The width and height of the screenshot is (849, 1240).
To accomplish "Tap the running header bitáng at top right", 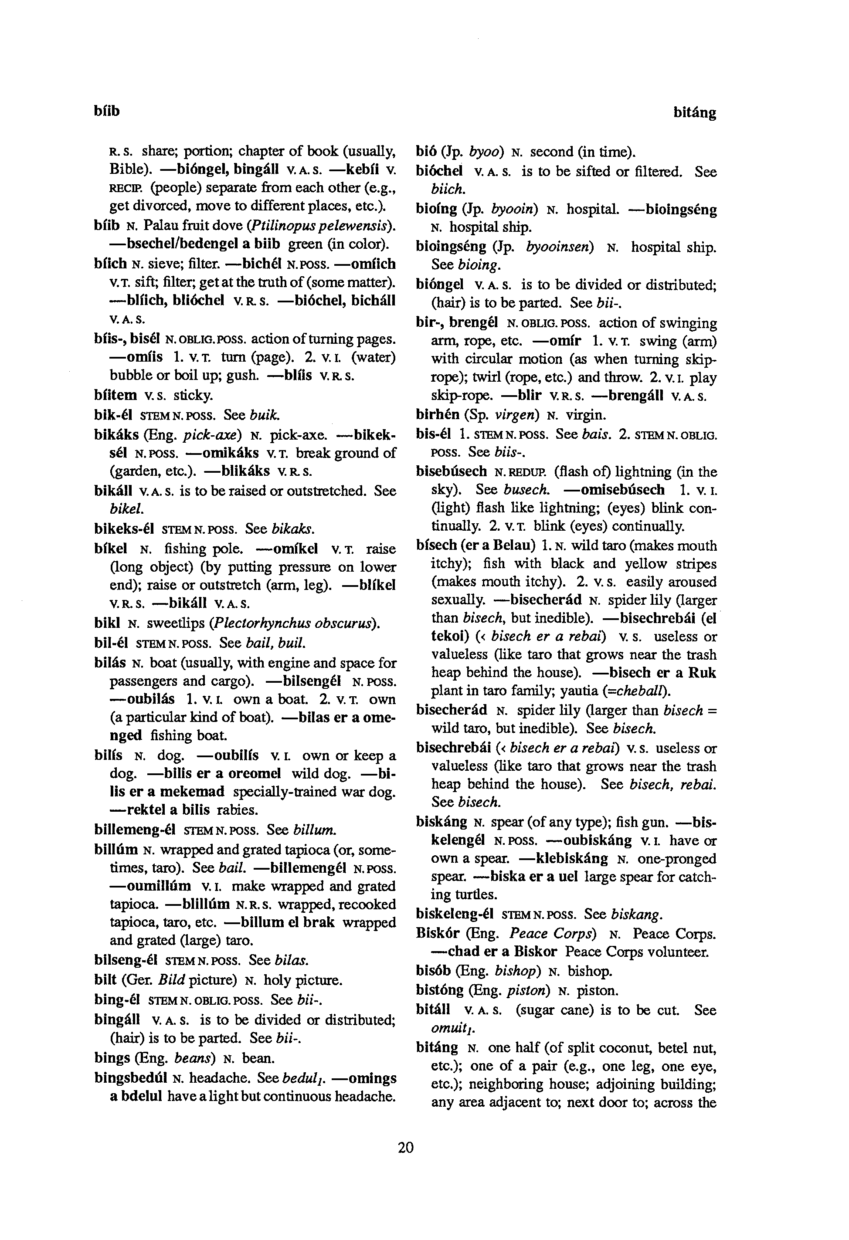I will (x=694, y=112).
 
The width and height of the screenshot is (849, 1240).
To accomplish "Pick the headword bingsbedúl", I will (x=131, y=1078).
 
